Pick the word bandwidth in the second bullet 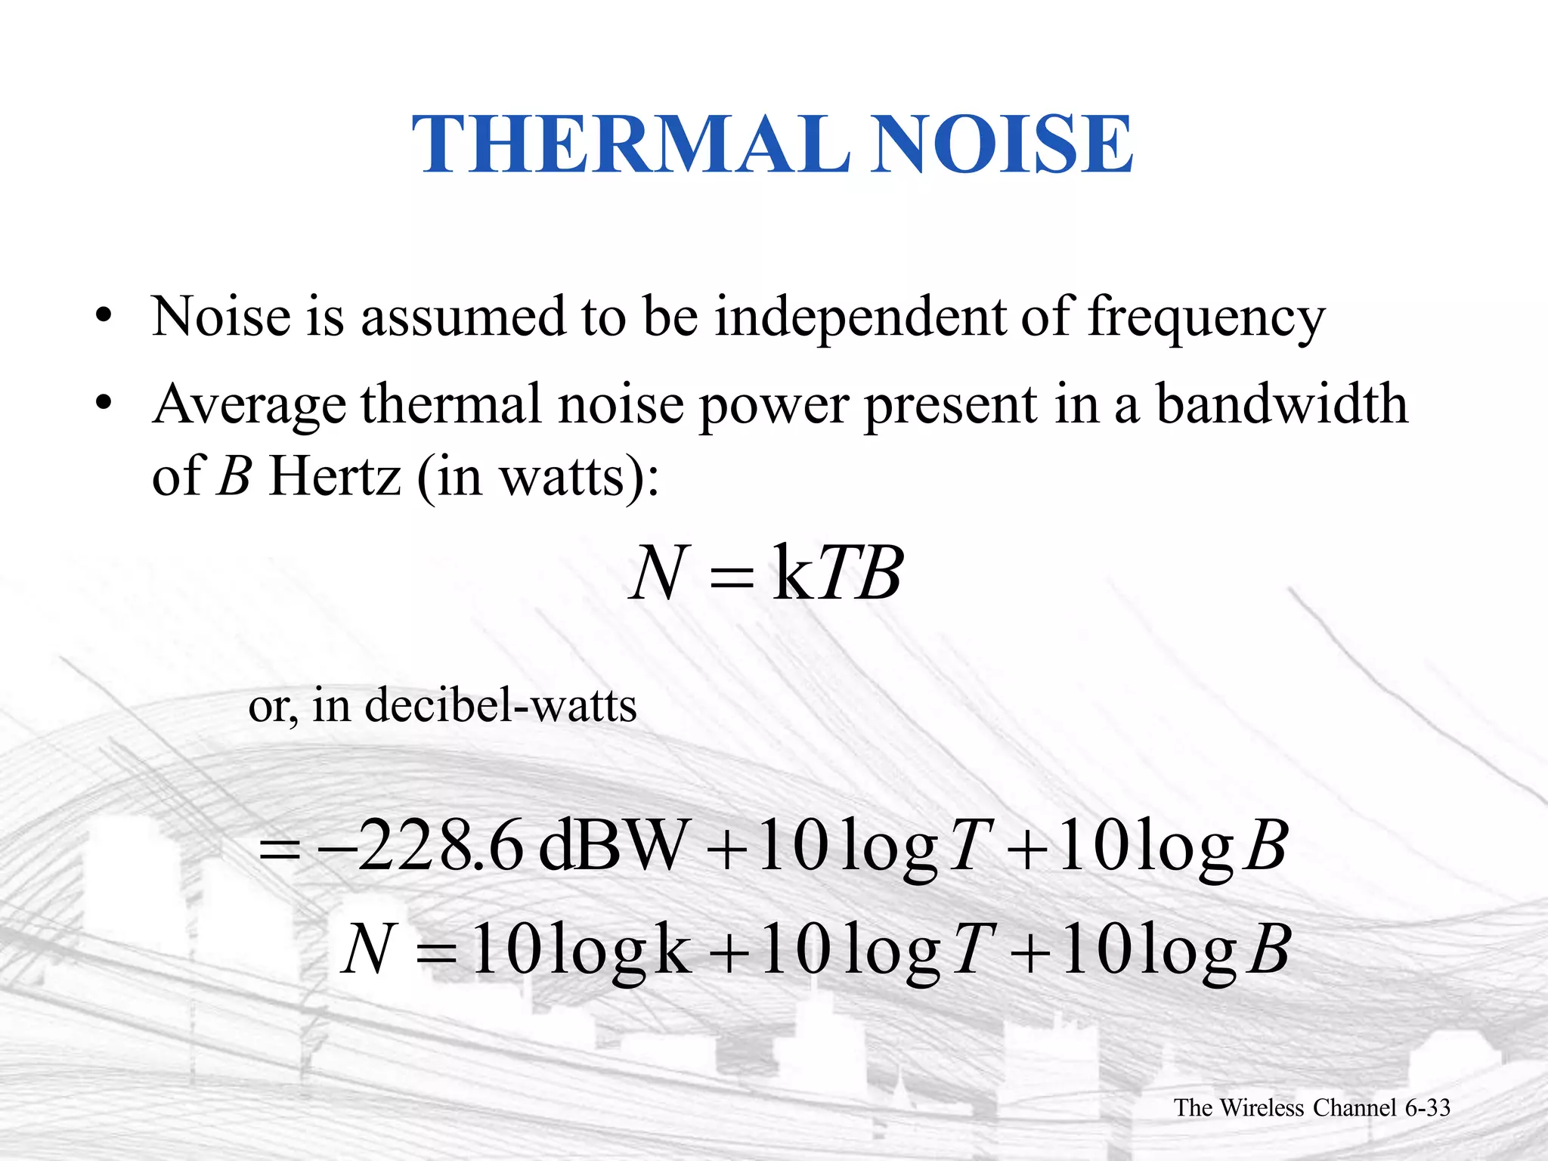[x=1283, y=404]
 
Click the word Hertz [x=334, y=477]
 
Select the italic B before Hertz [x=234, y=477]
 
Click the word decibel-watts [x=500, y=706]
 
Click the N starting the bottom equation [x=370, y=950]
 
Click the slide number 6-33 [x=1427, y=1108]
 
